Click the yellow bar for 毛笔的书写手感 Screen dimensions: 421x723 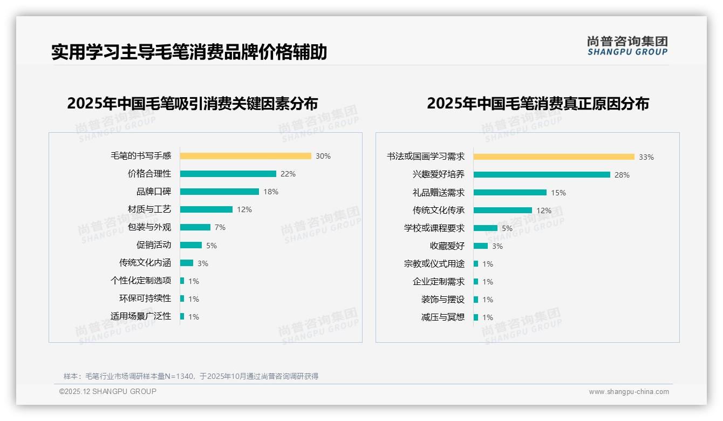point(245,156)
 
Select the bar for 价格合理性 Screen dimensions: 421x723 point(228,174)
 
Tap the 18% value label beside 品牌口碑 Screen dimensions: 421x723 point(271,192)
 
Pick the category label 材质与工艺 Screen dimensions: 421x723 point(149,209)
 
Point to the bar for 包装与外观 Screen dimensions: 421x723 point(195,227)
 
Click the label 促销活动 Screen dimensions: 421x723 point(154,245)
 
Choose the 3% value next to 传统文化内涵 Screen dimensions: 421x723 point(203,263)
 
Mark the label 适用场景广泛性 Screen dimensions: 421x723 point(141,316)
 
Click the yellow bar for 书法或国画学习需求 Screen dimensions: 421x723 point(554,157)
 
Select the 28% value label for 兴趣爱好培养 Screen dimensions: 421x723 point(622,175)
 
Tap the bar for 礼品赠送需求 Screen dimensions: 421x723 point(510,193)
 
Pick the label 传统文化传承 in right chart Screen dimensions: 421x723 point(439,210)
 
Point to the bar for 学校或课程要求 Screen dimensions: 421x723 point(486,228)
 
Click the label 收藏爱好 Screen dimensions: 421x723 point(447,246)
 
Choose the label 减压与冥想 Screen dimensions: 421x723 point(443,317)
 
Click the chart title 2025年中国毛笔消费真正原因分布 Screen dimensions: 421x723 point(538,104)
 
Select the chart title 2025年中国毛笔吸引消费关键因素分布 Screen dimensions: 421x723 point(193,103)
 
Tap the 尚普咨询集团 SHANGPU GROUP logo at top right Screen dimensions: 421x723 point(627,46)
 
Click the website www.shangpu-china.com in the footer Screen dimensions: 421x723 point(629,392)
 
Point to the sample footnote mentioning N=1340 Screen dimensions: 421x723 point(191,376)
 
